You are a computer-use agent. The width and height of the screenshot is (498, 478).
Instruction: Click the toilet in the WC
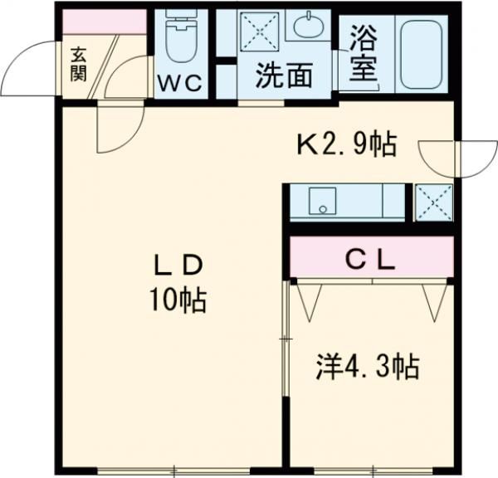click(x=178, y=37)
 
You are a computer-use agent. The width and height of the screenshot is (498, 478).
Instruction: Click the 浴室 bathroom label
click(x=362, y=51)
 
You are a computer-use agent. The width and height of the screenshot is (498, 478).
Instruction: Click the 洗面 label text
click(x=285, y=76)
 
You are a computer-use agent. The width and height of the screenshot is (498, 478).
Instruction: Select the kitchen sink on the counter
click(x=320, y=201)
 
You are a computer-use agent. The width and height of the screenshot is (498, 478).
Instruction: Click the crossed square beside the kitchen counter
click(x=433, y=202)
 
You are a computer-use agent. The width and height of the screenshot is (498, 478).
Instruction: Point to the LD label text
click(x=177, y=266)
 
